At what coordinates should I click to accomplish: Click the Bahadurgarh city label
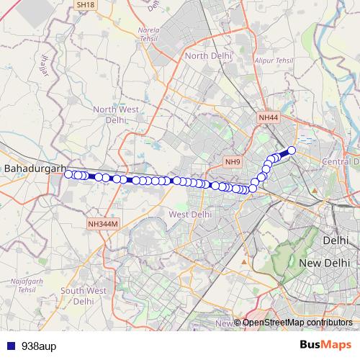click(31, 168)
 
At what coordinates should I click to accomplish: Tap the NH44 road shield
click(268, 116)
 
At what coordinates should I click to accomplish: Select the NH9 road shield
click(232, 161)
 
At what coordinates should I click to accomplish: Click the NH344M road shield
click(102, 224)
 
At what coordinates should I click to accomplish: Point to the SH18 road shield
click(85, 4)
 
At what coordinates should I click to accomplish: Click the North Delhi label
click(207, 55)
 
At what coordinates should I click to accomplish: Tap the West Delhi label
click(190, 214)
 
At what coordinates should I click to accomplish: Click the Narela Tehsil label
click(148, 35)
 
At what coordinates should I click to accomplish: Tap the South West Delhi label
click(84, 295)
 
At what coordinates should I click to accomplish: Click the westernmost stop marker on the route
click(68, 174)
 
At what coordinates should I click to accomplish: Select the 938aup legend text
click(37, 345)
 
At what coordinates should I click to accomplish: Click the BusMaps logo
click(320, 345)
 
